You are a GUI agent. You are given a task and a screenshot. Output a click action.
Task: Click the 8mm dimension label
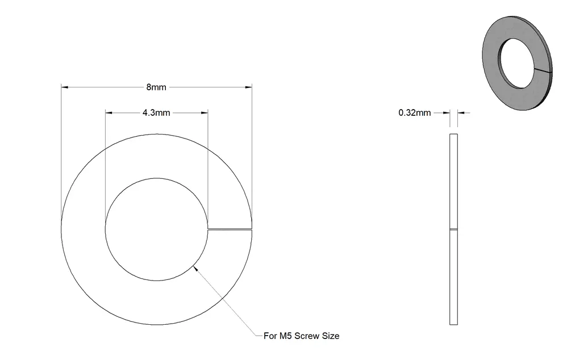[x=156, y=87]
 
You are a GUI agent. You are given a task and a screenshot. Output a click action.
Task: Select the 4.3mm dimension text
[x=156, y=113]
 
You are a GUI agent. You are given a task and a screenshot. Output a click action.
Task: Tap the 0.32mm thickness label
[x=414, y=113]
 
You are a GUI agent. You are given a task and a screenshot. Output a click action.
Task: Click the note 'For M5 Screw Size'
[x=301, y=336]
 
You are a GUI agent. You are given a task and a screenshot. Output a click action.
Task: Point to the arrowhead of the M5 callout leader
[x=195, y=268]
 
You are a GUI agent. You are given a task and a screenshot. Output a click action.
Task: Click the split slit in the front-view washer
[x=230, y=229]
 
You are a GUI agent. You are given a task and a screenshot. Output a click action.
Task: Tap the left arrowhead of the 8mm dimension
[x=64, y=87]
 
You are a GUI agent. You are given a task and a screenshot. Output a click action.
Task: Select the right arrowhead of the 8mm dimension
[x=248, y=87]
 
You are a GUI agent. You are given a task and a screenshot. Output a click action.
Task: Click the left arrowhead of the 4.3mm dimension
[x=109, y=113]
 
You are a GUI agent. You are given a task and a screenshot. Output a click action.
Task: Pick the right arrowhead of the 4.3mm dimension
[x=205, y=113]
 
